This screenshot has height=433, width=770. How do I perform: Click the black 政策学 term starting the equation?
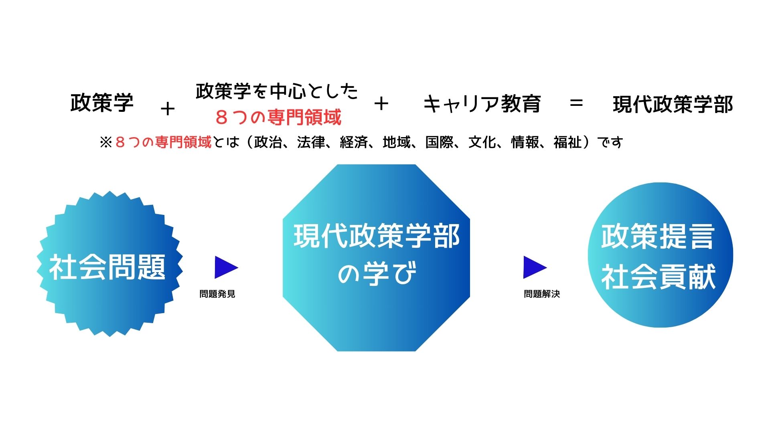point(102,103)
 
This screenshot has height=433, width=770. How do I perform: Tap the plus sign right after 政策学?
point(168,109)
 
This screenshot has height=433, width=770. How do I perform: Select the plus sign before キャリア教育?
point(381,104)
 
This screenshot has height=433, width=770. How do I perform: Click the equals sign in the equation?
point(576,103)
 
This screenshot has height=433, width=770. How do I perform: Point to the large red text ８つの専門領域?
point(278,117)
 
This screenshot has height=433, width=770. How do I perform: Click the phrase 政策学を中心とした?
point(277,91)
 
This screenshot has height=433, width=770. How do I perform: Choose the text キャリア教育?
point(482,104)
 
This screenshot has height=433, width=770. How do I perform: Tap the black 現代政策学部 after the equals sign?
point(673,104)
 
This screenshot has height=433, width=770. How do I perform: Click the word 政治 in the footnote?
point(268,142)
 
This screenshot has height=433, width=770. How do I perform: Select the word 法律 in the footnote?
point(311,142)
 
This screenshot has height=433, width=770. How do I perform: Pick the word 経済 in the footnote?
point(354,142)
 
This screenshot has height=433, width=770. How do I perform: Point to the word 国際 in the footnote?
point(439,142)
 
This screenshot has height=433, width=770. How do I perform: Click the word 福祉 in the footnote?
point(567,142)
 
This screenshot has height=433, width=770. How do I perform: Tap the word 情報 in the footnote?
point(525,142)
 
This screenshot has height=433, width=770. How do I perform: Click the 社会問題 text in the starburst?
point(107,267)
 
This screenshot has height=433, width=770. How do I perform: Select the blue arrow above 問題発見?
point(226,267)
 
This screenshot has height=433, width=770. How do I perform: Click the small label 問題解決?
point(542,294)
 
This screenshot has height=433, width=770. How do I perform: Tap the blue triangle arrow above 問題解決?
point(535,267)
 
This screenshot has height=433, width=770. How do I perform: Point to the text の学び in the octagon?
point(377,273)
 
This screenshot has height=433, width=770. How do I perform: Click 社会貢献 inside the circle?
point(658,276)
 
